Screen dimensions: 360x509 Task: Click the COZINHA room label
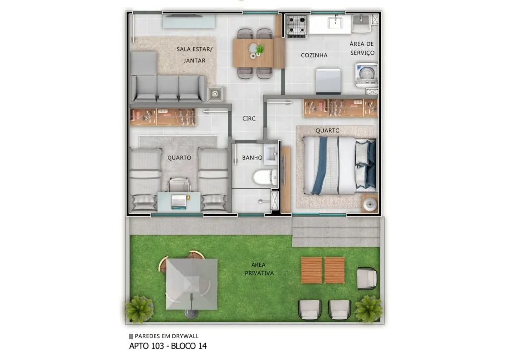[x=314, y=55]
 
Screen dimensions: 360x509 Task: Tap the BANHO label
[x=253, y=158]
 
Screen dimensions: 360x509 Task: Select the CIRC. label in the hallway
[x=249, y=119]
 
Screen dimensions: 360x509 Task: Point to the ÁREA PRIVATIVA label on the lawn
[x=259, y=269]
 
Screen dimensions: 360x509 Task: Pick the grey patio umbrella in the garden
[x=191, y=283]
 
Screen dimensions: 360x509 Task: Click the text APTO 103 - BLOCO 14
[x=168, y=346]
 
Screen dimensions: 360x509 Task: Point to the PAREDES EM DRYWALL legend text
[x=167, y=336]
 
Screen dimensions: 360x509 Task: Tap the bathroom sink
[x=271, y=154]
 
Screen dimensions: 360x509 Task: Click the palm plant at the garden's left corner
[x=139, y=309]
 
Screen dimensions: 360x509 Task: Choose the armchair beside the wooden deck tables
[x=367, y=278]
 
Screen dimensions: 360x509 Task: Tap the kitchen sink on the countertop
[x=335, y=21]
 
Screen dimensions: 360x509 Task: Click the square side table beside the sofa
[x=215, y=93]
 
